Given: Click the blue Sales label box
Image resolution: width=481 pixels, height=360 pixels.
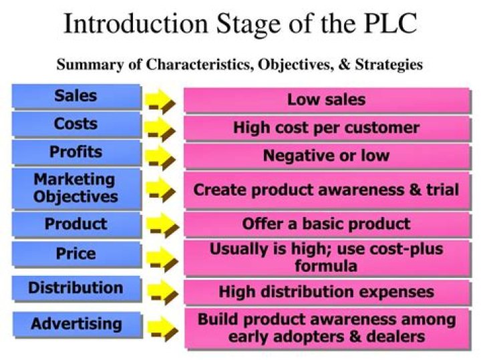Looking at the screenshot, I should point(75,96).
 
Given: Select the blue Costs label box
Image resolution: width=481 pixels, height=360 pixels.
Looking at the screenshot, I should point(75,124).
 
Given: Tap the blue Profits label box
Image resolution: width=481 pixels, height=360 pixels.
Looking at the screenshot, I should point(75,152).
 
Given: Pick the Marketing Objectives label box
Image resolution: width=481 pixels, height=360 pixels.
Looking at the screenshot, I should point(75,188).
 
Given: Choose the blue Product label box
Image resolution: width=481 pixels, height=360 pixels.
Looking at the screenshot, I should point(75,224).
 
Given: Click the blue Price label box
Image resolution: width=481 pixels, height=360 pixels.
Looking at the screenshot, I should point(75,254).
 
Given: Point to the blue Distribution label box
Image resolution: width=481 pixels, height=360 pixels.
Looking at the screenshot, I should point(75,289).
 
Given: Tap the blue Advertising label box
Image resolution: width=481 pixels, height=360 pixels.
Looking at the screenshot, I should point(75,325).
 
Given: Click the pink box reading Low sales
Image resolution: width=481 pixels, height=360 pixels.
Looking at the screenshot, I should point(326,100).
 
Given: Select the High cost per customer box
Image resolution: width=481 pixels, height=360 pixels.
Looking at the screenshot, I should point(326,128).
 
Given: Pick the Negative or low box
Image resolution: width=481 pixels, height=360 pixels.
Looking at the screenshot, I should point(326,156).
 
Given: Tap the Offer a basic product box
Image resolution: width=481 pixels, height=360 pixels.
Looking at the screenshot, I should point(326,224).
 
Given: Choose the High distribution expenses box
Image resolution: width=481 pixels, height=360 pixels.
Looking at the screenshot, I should point(326,292).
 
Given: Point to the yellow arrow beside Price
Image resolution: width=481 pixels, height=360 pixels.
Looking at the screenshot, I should point(161,258).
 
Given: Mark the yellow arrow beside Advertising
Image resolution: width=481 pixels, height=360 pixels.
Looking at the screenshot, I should point(161,328).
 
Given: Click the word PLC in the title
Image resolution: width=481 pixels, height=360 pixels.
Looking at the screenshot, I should point(387,25).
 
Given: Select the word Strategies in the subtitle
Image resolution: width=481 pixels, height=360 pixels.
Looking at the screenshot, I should point(387,65).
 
